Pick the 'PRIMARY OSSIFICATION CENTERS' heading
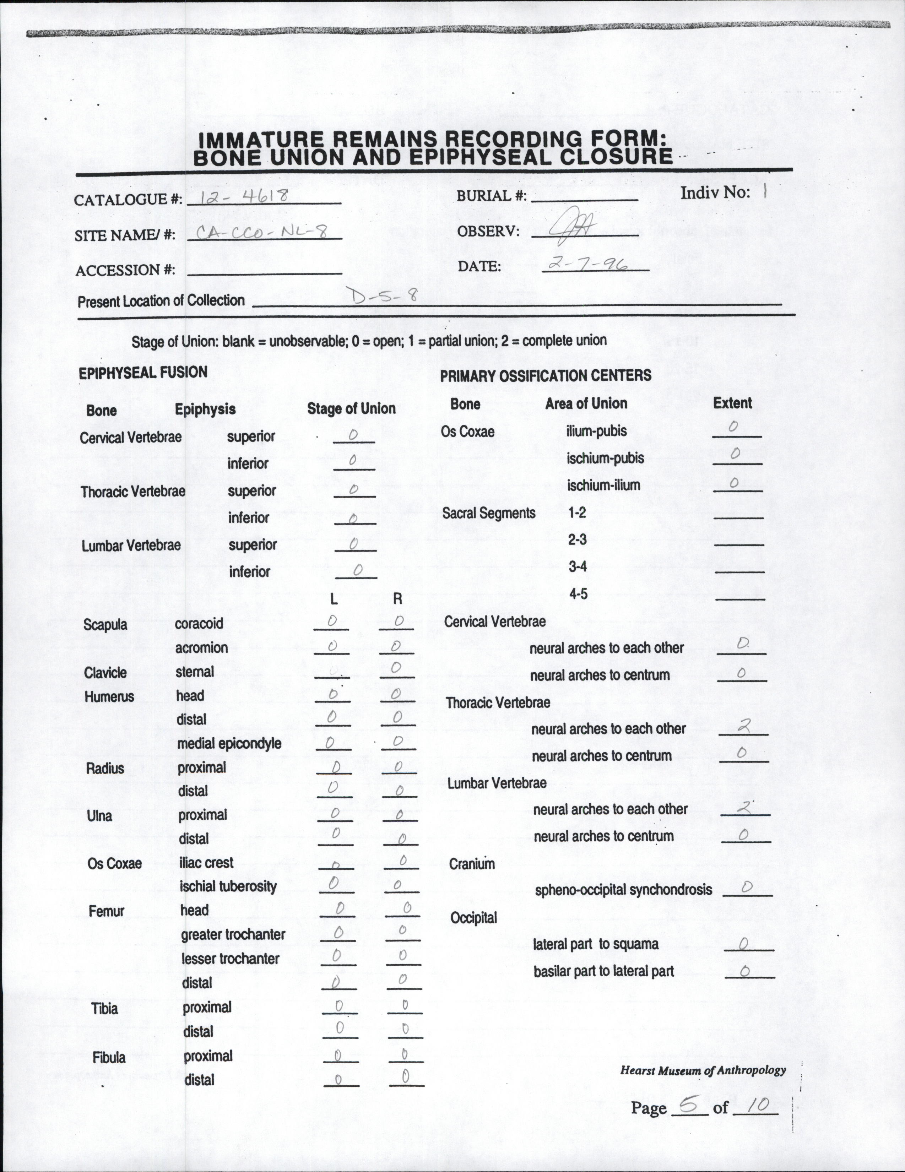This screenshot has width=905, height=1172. pos(545,375)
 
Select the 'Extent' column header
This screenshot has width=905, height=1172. pos(732,403)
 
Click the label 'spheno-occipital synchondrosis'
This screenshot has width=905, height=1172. pos(623,890)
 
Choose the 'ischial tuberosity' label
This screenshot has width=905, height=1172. pos(228,886)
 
